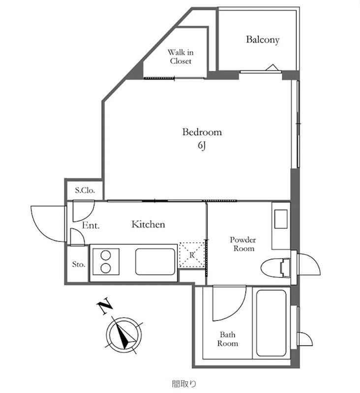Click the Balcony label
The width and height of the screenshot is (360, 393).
tap(263, 40)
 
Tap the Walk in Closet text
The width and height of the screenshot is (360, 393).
tap(180, 56)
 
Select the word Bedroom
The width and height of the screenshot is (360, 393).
tap(202, 132)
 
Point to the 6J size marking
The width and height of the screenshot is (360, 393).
tap(202, 145)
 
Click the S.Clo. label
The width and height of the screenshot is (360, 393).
tap(85, 190)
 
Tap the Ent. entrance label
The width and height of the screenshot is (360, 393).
tap(91, 225)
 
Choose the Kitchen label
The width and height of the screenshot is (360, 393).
tap(148, 225)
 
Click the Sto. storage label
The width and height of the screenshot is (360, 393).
tap(79, 264)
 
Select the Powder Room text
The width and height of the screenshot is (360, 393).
tap(243, 244)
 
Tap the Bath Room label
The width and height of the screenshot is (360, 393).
tap(228, 339)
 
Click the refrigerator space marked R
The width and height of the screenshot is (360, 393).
tap(192, 255)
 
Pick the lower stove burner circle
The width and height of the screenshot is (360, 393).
tap(106, 268)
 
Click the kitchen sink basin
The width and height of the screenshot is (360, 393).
tap(155, 262)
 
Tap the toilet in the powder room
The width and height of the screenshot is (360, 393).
tap(276, 268)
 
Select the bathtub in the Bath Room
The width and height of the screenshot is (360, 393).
tap(271, 323)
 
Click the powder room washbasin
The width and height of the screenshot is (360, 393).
tap(281, 219)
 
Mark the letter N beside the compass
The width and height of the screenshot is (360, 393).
tap(104, 306)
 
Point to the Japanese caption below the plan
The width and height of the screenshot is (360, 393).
tap(184, 384)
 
